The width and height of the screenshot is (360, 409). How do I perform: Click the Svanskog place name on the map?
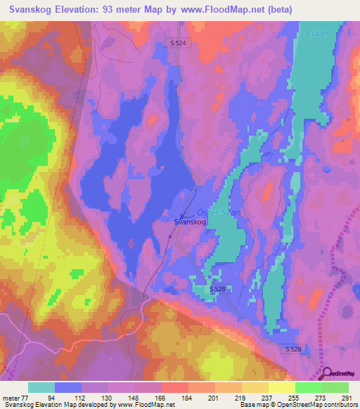[x=190, y=223]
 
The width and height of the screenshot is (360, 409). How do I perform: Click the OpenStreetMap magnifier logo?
[x=326, y=373]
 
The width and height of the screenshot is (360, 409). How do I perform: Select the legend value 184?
[x=186, y=397]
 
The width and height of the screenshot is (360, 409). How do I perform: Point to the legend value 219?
[x=239, y=397]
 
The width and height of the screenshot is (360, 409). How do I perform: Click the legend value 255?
[x=292, y=397]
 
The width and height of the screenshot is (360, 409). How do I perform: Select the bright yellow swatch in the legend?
[x=282, y=387]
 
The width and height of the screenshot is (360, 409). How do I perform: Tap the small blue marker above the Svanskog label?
[x=183, y=216]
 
